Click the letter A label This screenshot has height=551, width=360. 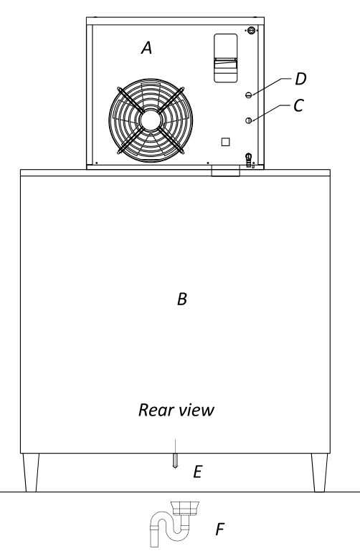point(147,47)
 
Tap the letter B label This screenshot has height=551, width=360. point(182,299)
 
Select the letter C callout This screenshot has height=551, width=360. point(298,105)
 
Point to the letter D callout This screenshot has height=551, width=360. point(300,79)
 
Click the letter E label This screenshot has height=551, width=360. point(198,471)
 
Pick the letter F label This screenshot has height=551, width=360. point(220,529)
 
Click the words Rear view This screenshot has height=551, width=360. point(176,410)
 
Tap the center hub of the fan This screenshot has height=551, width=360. point(151,120)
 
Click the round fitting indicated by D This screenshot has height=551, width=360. point(249,95)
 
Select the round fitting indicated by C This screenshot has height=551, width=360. point(249,120)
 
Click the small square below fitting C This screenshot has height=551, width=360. point(226,142)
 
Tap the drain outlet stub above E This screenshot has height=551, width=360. point(175,460)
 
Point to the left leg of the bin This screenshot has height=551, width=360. point(31,472)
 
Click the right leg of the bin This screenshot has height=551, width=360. point(320,472)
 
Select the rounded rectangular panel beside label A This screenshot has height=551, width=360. point(226,58)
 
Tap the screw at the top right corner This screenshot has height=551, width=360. point(251,30)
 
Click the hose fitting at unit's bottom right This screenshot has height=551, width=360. point(249,160)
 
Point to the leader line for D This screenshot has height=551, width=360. point(271,85)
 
